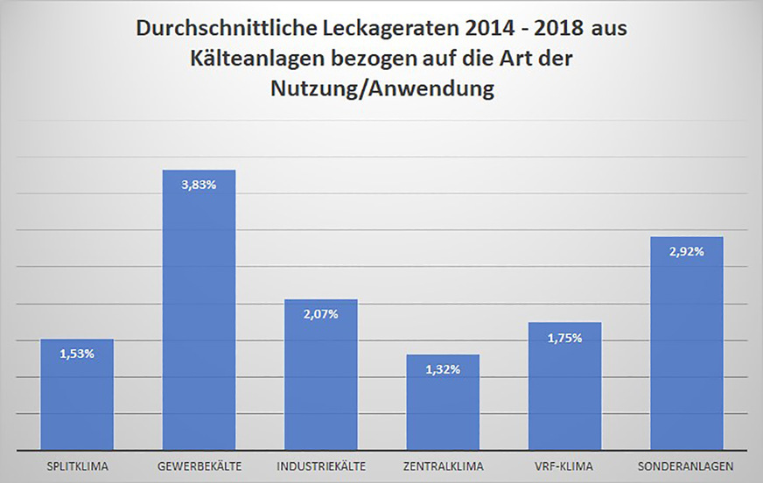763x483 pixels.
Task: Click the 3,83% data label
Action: click(x=199, y=185)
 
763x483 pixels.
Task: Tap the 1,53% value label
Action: click(x=77, y=353)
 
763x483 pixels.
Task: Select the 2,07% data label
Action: click(x=321, y=314)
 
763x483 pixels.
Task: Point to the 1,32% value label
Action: click(x=444, y=370)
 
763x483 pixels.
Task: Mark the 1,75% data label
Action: click(x=565, y=338)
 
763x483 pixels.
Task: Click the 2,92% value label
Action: click(x=687, y=251)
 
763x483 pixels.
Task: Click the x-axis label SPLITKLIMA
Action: click(x=77, y=465)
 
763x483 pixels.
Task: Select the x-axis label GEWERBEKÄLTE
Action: click(x=199, y=465)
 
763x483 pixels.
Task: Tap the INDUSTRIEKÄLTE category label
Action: click(x=321, y=465)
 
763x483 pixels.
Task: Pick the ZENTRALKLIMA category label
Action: click(x=444, y=465)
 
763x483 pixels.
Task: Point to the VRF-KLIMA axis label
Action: click(x=565, y=465)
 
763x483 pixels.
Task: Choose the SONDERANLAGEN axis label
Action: click(x=687, y=465)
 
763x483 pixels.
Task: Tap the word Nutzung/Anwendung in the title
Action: click(x=381, y=90)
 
